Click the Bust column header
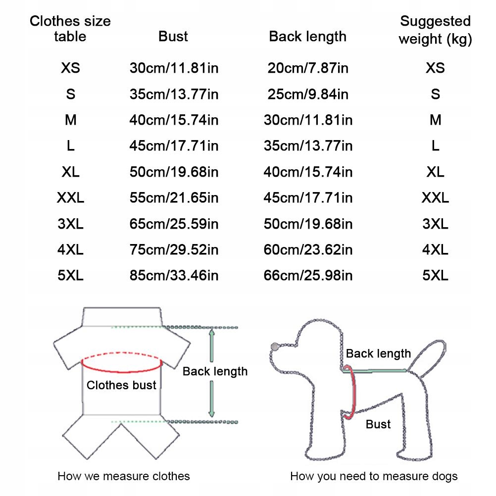173,37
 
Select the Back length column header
307,37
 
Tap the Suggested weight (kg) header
435,29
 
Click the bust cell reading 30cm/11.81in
174,68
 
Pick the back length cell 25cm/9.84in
308,94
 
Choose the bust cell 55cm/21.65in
174,198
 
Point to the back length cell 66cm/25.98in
308,275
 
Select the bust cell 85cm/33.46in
174,275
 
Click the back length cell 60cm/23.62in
308,249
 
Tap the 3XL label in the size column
70,224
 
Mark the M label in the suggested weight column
435,120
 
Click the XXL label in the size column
70,198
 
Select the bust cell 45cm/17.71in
174,146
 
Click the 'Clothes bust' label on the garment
121,385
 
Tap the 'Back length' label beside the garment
215,371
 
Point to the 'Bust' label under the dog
378,424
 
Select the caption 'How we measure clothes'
124,476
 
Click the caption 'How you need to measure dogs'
374,476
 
